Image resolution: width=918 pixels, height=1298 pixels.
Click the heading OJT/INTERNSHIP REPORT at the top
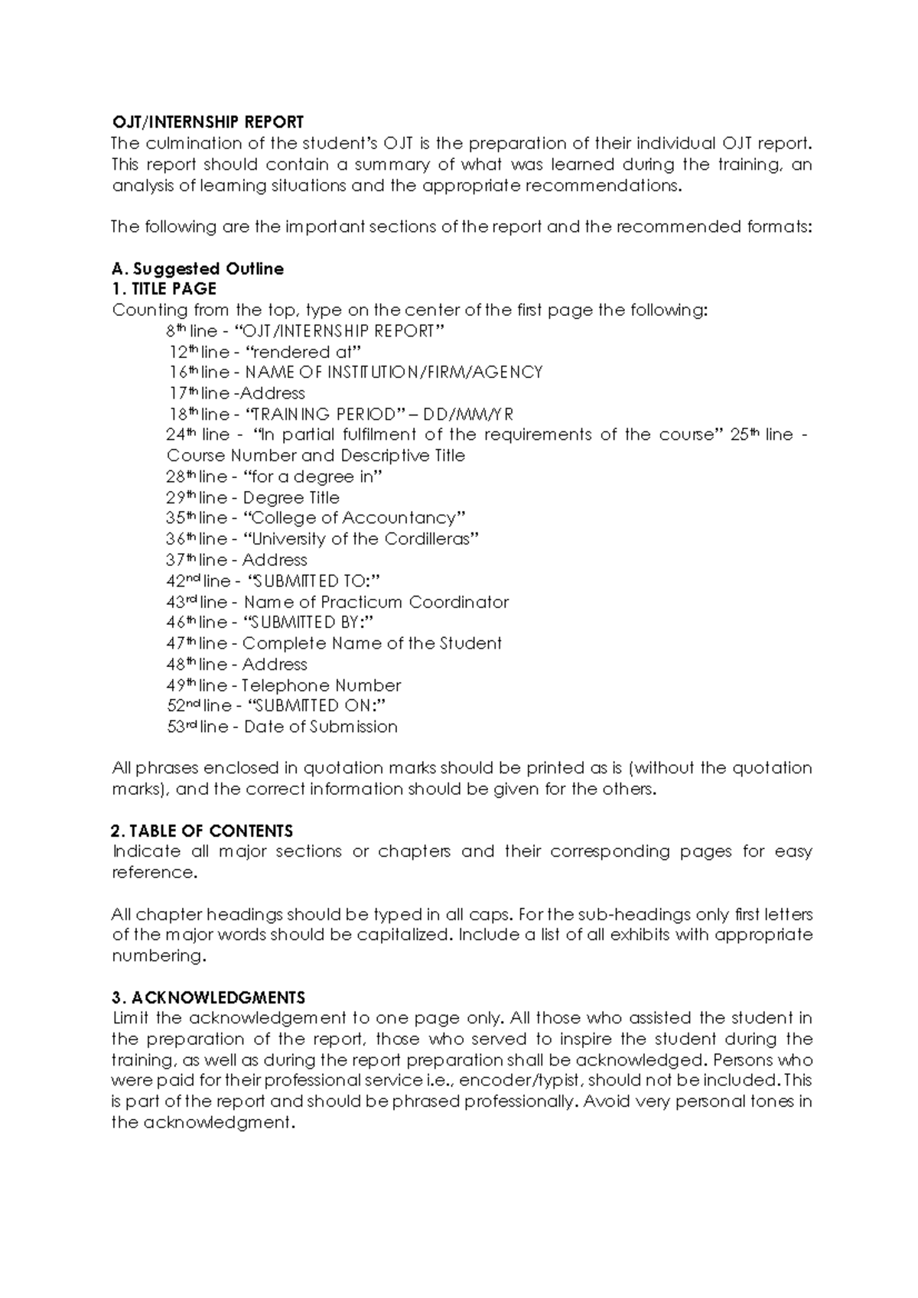point(207,122)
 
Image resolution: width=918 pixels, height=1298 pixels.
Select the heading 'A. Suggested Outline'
point(197,268)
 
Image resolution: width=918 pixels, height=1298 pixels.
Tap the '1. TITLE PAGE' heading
point(164,289)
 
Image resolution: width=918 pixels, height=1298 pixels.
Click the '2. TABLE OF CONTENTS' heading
point(202,831)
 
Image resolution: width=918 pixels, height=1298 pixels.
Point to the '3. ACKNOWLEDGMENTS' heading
point(208,997)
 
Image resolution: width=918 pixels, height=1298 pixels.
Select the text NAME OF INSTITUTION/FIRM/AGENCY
point(393,372)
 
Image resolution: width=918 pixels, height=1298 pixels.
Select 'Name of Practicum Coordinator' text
point(376,602)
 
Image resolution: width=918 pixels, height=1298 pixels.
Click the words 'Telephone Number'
point(321,685)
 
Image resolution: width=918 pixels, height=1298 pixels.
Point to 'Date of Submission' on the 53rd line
point(321,727)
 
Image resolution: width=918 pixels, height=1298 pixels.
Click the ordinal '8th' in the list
point(175,330)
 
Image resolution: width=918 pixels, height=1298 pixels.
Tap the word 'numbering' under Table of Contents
point(158,956)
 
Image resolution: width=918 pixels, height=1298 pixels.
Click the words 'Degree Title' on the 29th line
point(291,497)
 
